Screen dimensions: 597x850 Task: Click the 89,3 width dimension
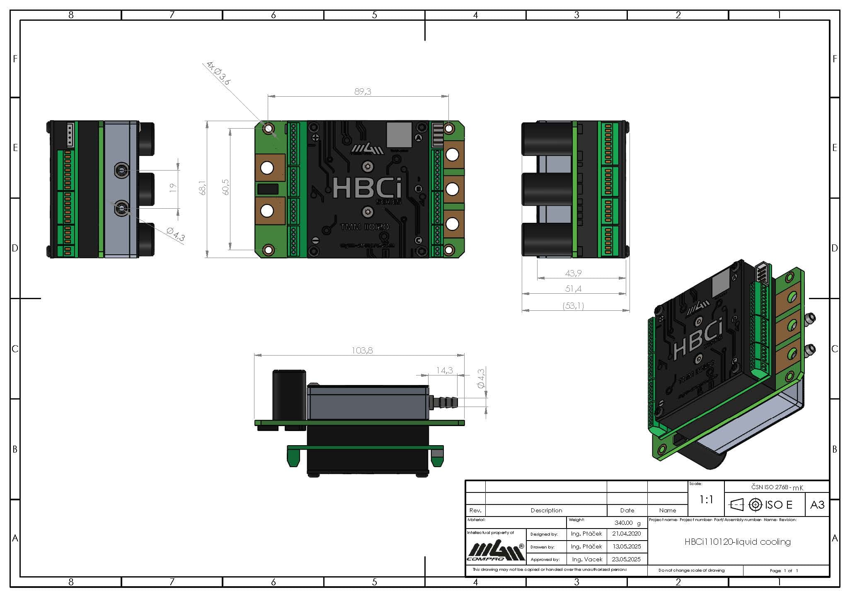point(363,92)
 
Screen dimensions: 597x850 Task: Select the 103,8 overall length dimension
point(362,351)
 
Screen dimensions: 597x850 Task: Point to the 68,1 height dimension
point(202,188)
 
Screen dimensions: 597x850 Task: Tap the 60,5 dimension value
point(225,187)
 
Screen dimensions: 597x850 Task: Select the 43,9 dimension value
point(573,273)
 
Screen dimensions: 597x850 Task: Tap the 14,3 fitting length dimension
point(444,370)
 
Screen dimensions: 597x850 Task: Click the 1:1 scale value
point(706,500)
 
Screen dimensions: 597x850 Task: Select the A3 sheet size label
point(817,505)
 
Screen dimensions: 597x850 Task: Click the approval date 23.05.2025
point(626,559)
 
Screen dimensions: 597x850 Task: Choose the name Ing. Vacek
point(587,559)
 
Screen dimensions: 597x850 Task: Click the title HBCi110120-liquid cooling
point(737,542)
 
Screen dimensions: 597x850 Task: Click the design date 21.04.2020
point(626,534)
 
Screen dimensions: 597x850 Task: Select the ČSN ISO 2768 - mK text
point(777,487)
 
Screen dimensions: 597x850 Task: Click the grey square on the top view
point(399,134)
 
